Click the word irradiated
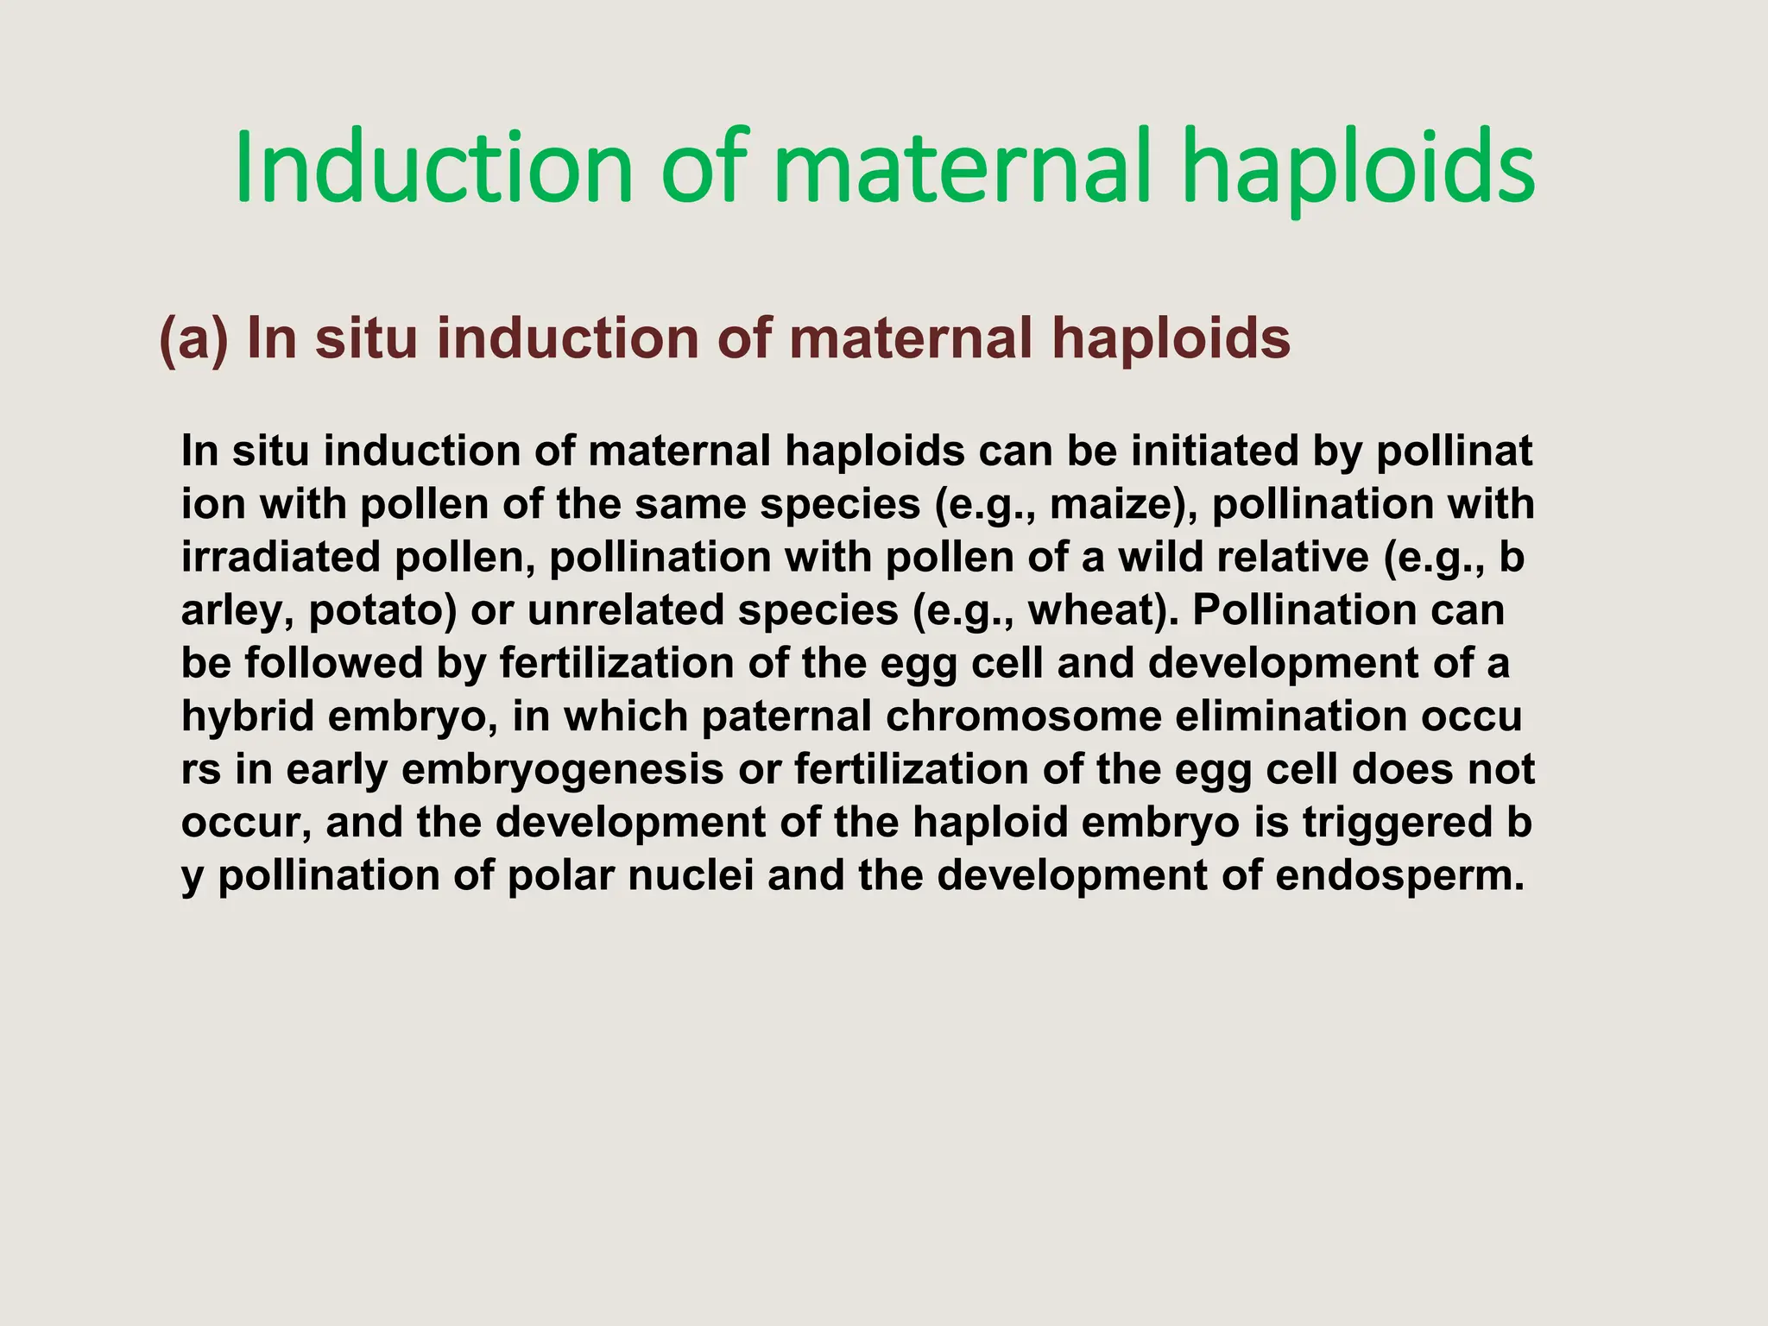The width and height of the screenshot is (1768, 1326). click(281, 557)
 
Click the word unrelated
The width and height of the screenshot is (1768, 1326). click(626, 610)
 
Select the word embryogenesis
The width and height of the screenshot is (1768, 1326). click(562, 770)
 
